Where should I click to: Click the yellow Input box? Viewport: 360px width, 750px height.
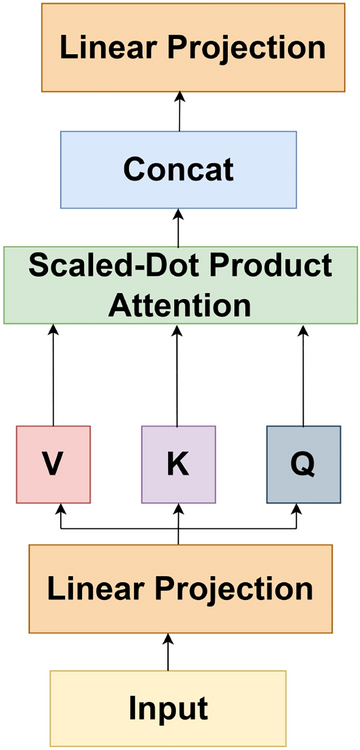168,708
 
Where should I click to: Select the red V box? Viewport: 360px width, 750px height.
53,464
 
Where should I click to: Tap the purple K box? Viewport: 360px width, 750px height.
178,464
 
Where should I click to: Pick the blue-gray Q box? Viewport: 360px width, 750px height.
303,464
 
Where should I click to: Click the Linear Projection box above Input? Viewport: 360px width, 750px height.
179,588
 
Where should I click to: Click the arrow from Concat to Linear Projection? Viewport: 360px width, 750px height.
179,110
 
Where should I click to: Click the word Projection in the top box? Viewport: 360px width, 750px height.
251,48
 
